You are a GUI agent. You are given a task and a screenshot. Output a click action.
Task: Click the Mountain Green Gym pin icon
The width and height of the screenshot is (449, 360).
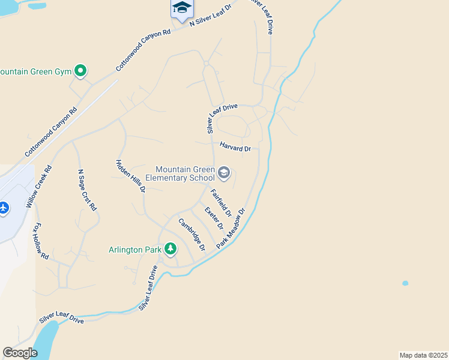(80, 71)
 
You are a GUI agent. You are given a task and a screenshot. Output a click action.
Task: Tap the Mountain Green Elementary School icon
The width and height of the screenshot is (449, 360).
(224, 173)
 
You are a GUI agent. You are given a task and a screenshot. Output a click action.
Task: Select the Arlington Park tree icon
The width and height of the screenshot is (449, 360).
(170, 249)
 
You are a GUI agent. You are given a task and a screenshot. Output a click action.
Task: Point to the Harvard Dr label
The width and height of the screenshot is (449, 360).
(235, 147)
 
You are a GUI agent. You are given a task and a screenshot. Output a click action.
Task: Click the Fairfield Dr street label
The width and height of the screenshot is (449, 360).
(221, 203)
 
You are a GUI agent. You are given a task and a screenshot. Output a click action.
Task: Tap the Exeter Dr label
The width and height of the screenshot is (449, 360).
(214, 218)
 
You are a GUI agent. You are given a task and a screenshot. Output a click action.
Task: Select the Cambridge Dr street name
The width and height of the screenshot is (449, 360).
(192, 234)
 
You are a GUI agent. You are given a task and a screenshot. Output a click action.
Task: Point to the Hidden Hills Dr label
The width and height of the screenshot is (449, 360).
(130, 175)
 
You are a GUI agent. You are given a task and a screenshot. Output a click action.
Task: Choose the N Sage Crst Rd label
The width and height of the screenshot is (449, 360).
(87, 190)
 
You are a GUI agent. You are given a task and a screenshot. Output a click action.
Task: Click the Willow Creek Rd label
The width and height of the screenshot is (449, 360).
(39, 187)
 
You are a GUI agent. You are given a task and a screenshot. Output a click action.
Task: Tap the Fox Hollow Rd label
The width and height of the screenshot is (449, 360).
(40, 241)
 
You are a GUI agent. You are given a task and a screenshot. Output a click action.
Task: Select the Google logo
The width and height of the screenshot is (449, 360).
(20, 353)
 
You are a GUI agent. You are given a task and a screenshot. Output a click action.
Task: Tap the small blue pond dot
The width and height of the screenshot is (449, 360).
(405, 283)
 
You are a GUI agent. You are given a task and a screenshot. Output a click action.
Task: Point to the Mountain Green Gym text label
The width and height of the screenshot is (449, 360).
(35, 71)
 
